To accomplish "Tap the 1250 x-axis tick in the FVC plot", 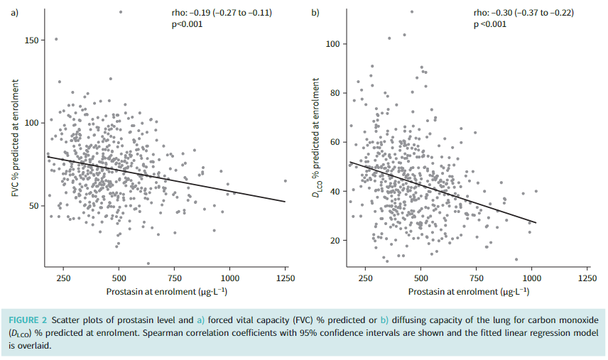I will (286, 278).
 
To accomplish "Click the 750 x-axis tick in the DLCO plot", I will (477, 278).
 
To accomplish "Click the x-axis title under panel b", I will (469, 292).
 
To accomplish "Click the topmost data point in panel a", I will (120, 11).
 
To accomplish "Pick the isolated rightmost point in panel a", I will (286, 180).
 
